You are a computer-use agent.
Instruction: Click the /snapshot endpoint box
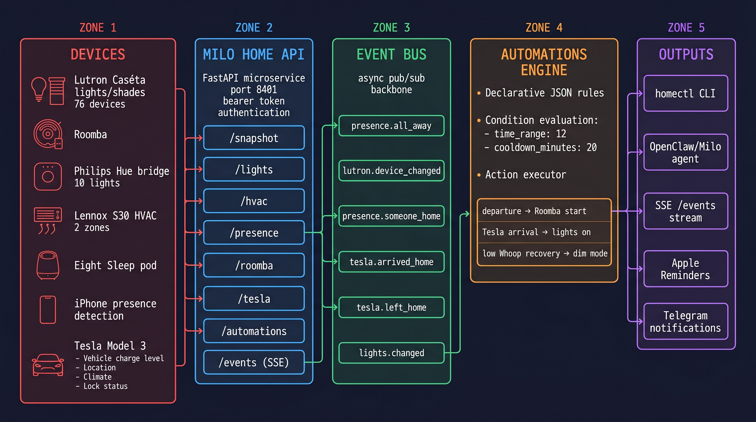(x=254, y=138)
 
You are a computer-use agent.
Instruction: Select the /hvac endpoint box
(x=254, y=201)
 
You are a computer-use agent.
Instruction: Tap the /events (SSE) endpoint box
(x=254, y=362)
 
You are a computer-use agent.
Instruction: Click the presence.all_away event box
(x=391, y=126)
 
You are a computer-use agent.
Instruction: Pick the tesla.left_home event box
(x=391, y=307)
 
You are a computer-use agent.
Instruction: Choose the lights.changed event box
(x=391, y=353)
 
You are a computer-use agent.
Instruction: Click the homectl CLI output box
(x=686, y=93)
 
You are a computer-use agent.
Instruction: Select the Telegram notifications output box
(x=686, y=321)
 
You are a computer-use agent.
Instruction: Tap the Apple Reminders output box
(x=686, y=269)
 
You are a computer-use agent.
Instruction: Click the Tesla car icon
(x=48, y=365)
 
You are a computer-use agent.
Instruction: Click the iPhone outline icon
(x=48, y=310)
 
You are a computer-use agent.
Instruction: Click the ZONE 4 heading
(x=544, y=27)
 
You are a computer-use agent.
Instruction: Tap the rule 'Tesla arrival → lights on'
(x=536, y=232)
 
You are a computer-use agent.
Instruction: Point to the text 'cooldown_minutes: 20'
(x=545, y=147)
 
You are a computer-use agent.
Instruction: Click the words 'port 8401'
(x=254, y=89)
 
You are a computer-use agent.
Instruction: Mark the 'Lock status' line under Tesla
(x=105, y=386)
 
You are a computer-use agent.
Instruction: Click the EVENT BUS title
(x=391, y=54)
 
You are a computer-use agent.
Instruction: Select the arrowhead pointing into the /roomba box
(x=201, y=265)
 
